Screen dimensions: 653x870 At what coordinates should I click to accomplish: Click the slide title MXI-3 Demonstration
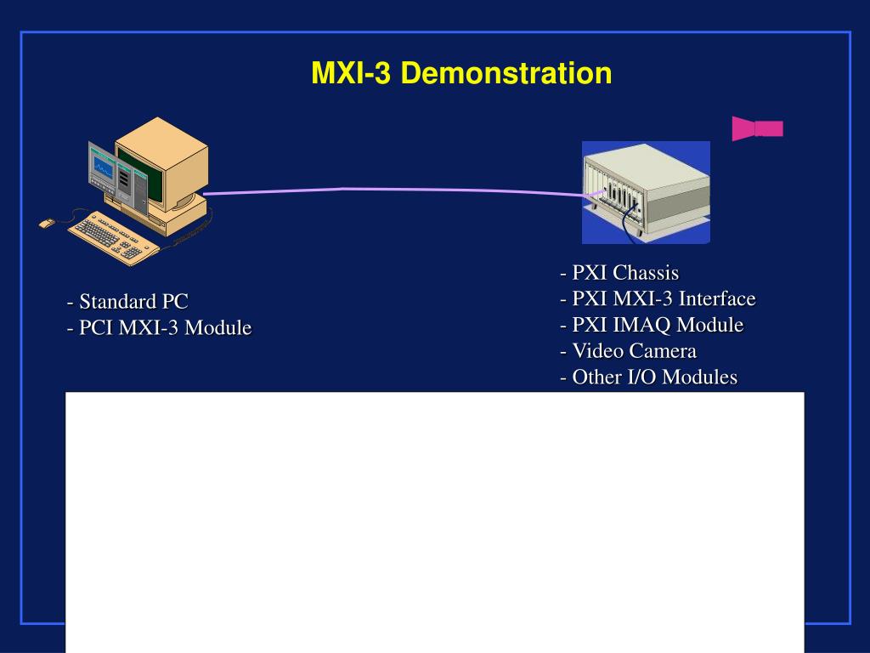point(461,74)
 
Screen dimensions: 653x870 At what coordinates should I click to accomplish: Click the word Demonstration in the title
point(506,74)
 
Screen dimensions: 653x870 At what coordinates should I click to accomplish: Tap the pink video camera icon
point(757,128)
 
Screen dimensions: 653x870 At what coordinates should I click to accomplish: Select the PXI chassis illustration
point(646,192)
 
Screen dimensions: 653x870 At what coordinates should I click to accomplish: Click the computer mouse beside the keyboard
point(47,223)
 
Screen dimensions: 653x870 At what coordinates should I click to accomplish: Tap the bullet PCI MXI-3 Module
point(159,327)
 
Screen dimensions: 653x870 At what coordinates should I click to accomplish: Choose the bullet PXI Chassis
point(619,273)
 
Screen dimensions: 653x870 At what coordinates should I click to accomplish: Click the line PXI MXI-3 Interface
point(658,299)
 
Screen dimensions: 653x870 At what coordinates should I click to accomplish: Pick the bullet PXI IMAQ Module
point(652,325)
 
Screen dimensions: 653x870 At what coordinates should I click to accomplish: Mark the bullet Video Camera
point(628,351)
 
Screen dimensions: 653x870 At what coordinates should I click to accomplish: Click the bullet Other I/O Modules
point(648,378)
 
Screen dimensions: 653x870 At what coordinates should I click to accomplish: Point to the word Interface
point(717,299)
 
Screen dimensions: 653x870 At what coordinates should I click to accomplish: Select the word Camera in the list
point(663,351)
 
